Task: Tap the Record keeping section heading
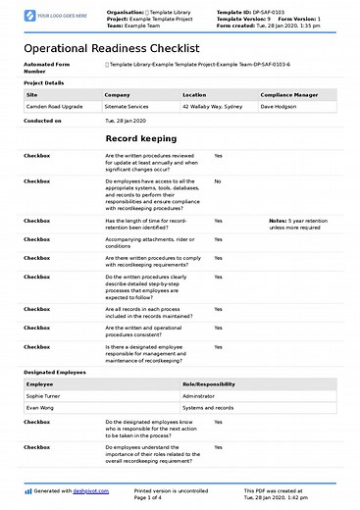tap(140, 139)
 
